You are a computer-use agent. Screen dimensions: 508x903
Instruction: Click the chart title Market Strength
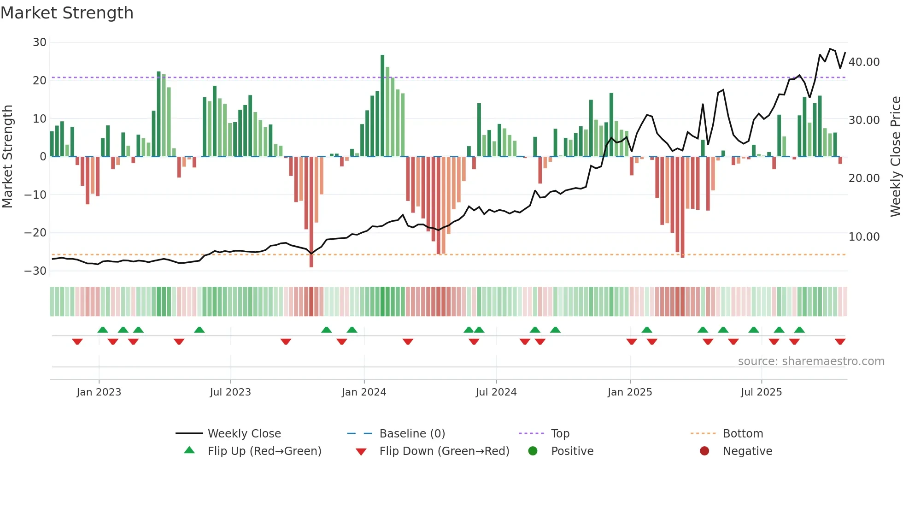click(67, 13)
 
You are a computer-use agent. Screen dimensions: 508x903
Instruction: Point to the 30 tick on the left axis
click(40, 42)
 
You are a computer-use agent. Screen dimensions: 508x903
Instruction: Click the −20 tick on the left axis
click(35, 233)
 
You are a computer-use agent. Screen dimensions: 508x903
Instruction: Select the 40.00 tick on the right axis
click(864, 62)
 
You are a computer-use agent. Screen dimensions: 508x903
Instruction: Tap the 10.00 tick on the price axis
click(864, 237)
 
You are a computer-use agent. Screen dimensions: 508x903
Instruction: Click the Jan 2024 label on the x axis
click(364, 392)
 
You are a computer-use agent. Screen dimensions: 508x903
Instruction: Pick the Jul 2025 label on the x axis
click(762, 392)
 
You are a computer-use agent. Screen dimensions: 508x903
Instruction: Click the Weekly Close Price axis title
click(895, 157)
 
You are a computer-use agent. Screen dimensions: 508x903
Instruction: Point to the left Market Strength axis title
click(7, 157)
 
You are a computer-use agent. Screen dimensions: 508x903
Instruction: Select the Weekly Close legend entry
click(244, 434)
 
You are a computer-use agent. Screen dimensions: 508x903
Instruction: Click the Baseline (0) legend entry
click(412, 434)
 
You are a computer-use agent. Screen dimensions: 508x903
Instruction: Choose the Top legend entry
click(560, 434)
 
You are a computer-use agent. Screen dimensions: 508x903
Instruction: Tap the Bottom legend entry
click(743, 434)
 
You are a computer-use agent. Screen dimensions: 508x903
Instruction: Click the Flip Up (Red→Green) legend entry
click(264, 451)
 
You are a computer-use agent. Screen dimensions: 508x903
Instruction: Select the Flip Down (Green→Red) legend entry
click(444, 451)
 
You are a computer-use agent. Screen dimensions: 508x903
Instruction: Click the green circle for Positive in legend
click(533, 451)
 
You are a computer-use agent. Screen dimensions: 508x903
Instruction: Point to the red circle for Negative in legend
click(704, 451)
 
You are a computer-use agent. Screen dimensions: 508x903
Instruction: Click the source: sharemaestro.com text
click(811, 361)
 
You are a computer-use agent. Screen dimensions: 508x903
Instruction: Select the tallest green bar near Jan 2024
click(382, 106)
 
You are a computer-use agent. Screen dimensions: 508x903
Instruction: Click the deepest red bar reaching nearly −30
click(311, 212)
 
